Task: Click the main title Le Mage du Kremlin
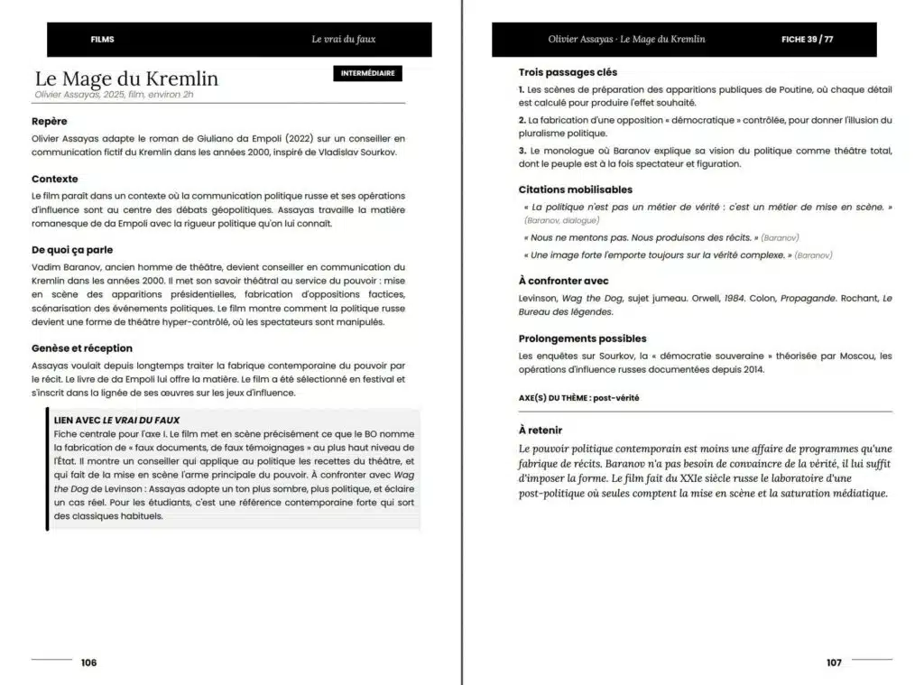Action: pyautogui.click(x=126, y=79)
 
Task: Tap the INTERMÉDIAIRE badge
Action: pyautogui.click(x=368, y=73)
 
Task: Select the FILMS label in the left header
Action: pyautogui.click(x=103, y=40)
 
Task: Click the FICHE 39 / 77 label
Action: pyautogui.click(x=807, y=40)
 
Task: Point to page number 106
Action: pyautogui.click(x=88, y=662)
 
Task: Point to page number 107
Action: pyautogui.click(x=834, y=662)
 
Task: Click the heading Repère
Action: pyautogui.click(x=50, y=121)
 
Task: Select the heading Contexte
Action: pyautogui.click(x=55, y=179)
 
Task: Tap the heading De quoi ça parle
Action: pyautogui.click(x=72, y=250)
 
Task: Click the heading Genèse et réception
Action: pyautogui.click(x=82, y=348)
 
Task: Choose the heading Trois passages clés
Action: pyautogui.click(x=568, y=72)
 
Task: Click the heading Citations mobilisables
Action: pyautogui.click(x=576, y=190)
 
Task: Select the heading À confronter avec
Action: pyautogui.click(x=564, y=281)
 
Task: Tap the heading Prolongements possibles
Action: pyautogui.click(x=582, y=338)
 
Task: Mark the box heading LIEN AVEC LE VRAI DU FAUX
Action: pyautogui.click(x=116, y=420)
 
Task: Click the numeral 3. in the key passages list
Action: pyautogui.click(x=522, y=151)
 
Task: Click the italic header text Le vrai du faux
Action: pyautogui.click(x=344, y=40)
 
